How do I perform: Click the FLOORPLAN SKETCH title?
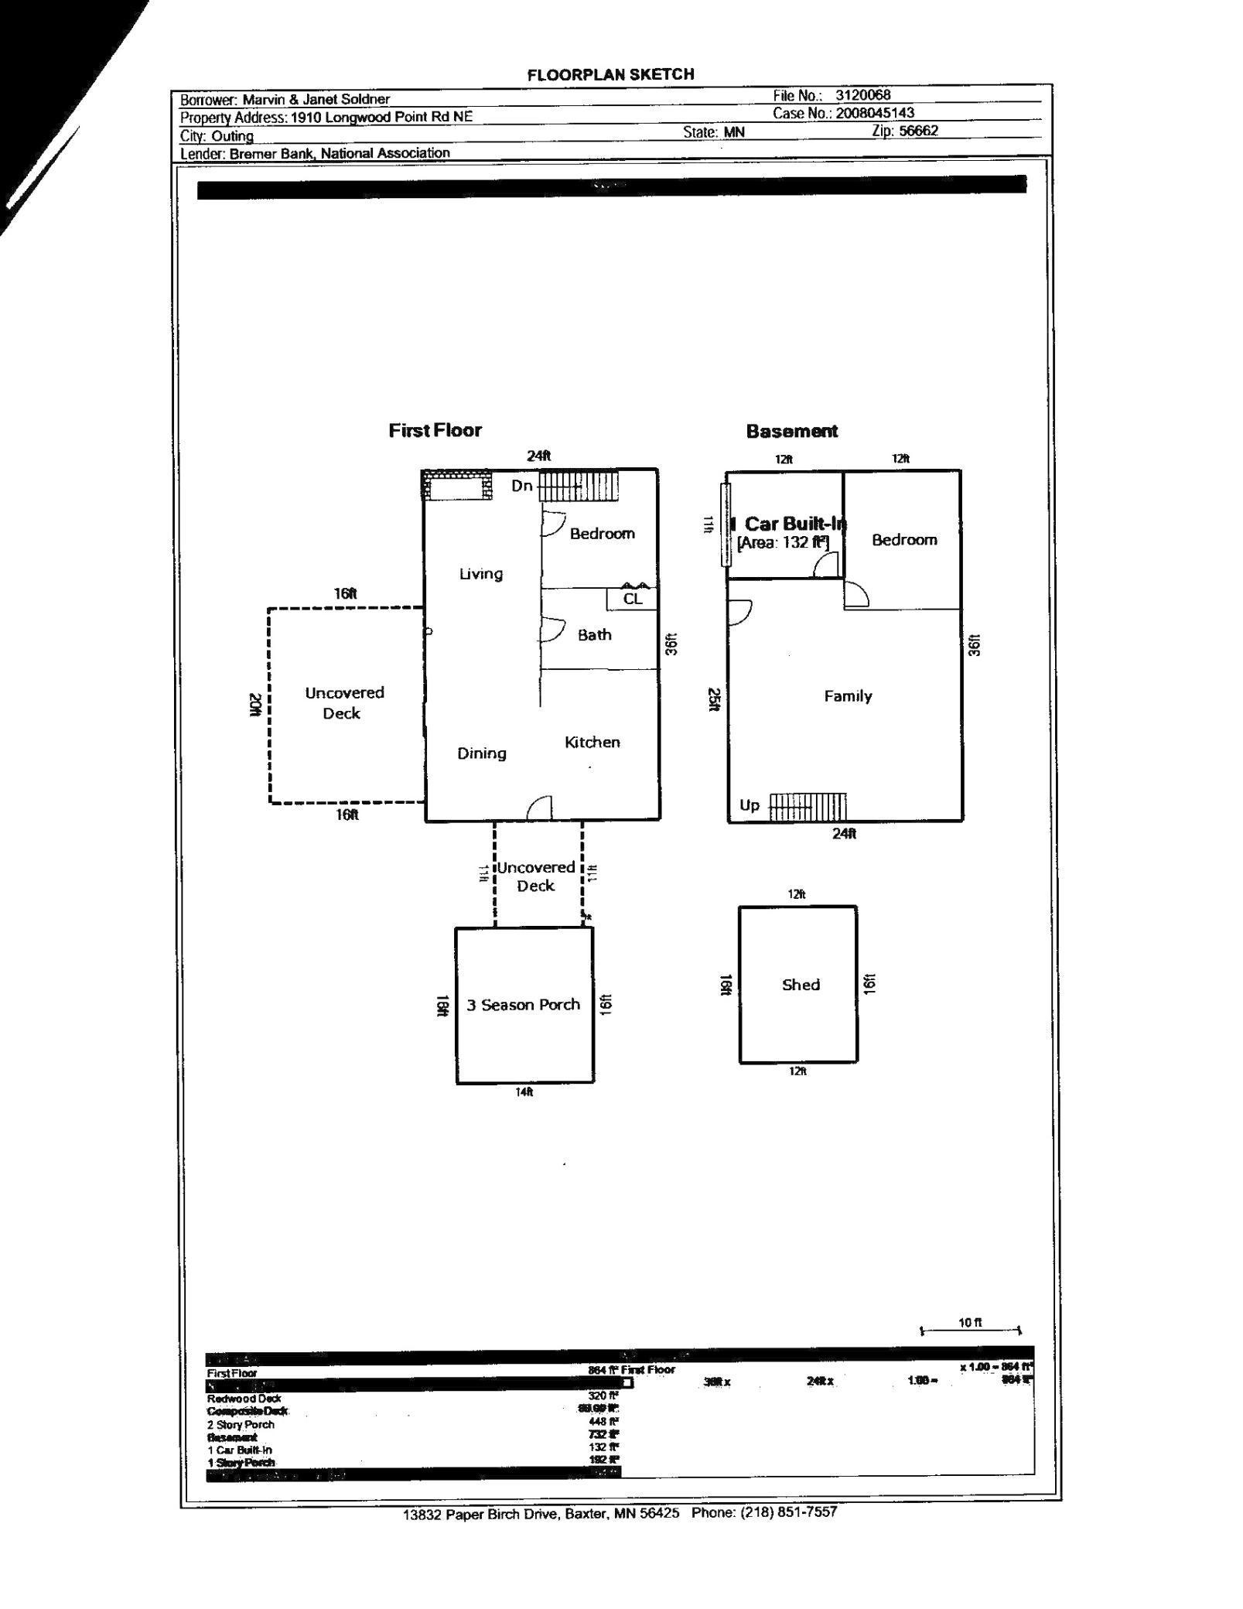(610, 74)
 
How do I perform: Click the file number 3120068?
(862, 95)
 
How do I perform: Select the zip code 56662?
(918, 131)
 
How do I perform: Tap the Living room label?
(480, 573)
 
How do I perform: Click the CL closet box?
(632, 599)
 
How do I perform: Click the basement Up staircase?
(808, 807)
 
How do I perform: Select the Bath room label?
(594, 634)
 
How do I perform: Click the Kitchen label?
(592, 742)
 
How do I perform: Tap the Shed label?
(800, 985)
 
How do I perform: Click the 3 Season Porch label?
(523, 1005)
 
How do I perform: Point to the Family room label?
(848, 696)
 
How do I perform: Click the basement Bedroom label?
(903, 540)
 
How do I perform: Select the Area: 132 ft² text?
(782, 542)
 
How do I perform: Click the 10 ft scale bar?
(970, 1330)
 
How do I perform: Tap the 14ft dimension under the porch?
(524, 1091)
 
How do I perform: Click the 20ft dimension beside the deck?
(254, 704)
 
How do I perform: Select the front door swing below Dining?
(540, 808)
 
